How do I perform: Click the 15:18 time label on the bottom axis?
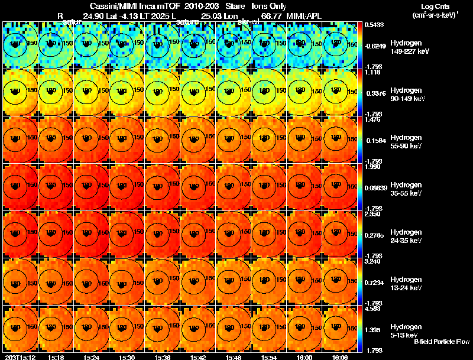coord(57,357)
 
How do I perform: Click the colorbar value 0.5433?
coord(373,25)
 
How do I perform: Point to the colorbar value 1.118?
coord(372,72)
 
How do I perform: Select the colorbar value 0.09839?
coord(374,187)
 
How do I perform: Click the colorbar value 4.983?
coord(372,309)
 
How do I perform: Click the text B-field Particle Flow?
coord(441,342)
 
